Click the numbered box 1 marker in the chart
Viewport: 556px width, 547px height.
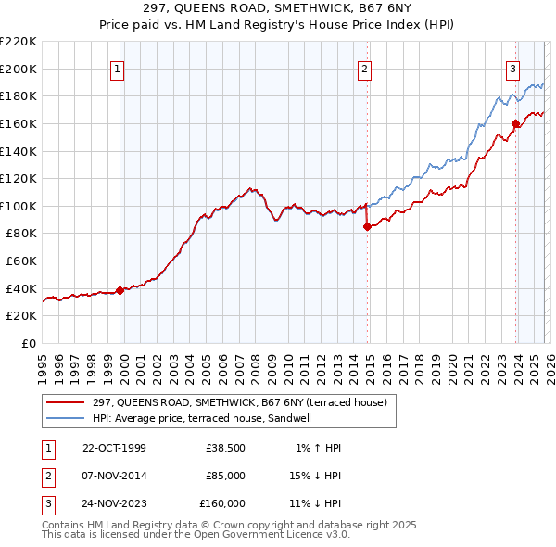(x=120, y=68)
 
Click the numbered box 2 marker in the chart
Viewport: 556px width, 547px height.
(x=365, y=68)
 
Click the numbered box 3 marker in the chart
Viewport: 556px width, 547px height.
(x=512, y=68)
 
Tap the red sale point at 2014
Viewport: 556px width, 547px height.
(x=367, y=225)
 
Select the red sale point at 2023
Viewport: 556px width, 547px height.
(x=514, y=122)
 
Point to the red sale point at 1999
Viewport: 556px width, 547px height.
(x=120, y=290)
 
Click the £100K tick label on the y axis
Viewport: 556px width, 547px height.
(x=19, y=206)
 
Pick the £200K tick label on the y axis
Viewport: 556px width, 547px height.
(x=19, y=69)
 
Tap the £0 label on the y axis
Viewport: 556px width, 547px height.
(x=28, y=343)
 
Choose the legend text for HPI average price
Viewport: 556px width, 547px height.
(x=202, y=418)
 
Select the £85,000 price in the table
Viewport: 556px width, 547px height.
(x=225, y=476)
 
